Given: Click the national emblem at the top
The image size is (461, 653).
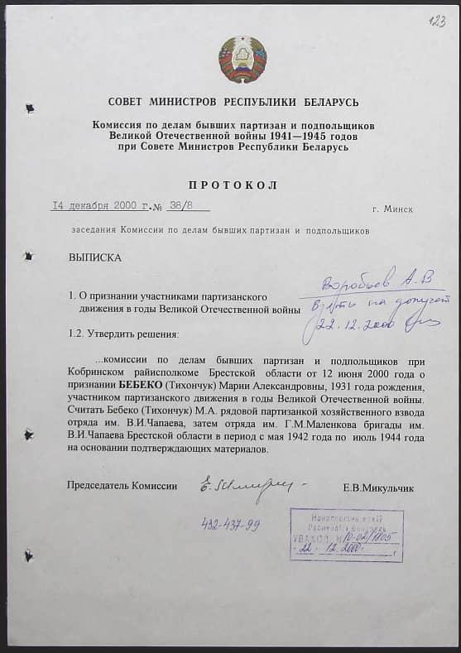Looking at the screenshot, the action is pos(242,59).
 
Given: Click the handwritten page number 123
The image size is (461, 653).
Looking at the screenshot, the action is pos(437,21).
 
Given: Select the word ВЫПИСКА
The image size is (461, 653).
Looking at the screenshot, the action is pos(96,257).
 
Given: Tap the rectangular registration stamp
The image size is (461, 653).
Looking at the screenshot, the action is pos(345,535).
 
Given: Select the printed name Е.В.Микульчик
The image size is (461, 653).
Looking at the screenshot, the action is pos(377,488).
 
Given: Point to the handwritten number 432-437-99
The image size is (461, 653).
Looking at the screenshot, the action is pos(230,524).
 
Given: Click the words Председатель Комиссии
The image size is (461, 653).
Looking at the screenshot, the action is pos(122,486).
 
